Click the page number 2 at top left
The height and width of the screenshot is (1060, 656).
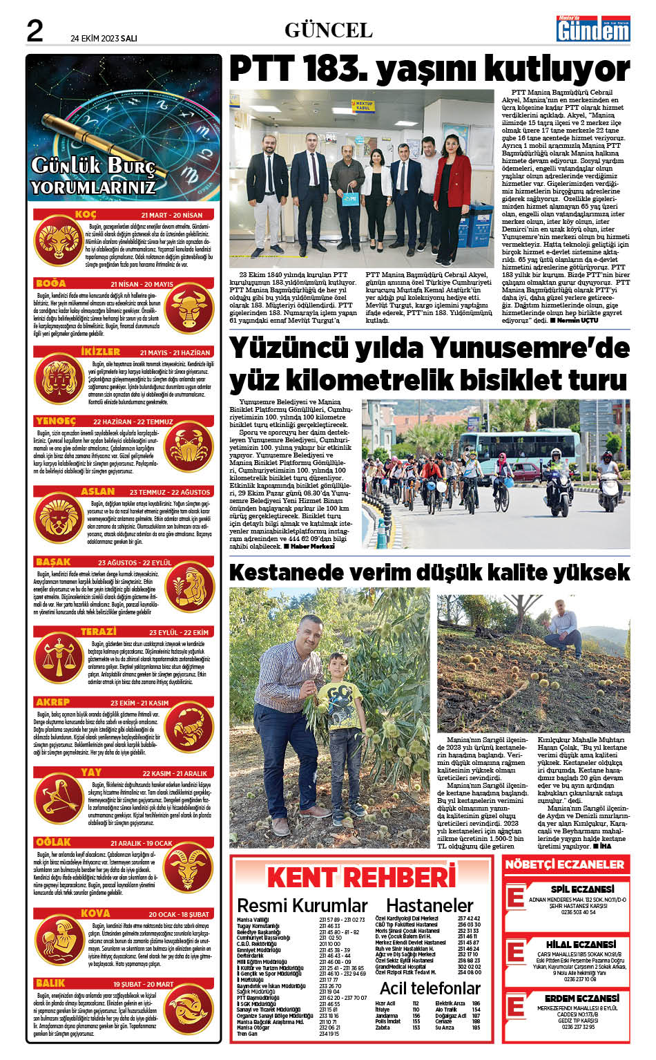click(35, 30)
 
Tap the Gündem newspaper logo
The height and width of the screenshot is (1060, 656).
click(593, 29)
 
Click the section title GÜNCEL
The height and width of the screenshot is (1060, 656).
click(328, 30)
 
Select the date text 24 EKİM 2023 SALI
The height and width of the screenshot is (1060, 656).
click(104, 39)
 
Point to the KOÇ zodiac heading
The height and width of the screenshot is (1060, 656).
click(86, 214)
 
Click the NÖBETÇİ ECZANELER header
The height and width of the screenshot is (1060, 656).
click(564, 864)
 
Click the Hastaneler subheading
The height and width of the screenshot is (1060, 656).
click(430, 905)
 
